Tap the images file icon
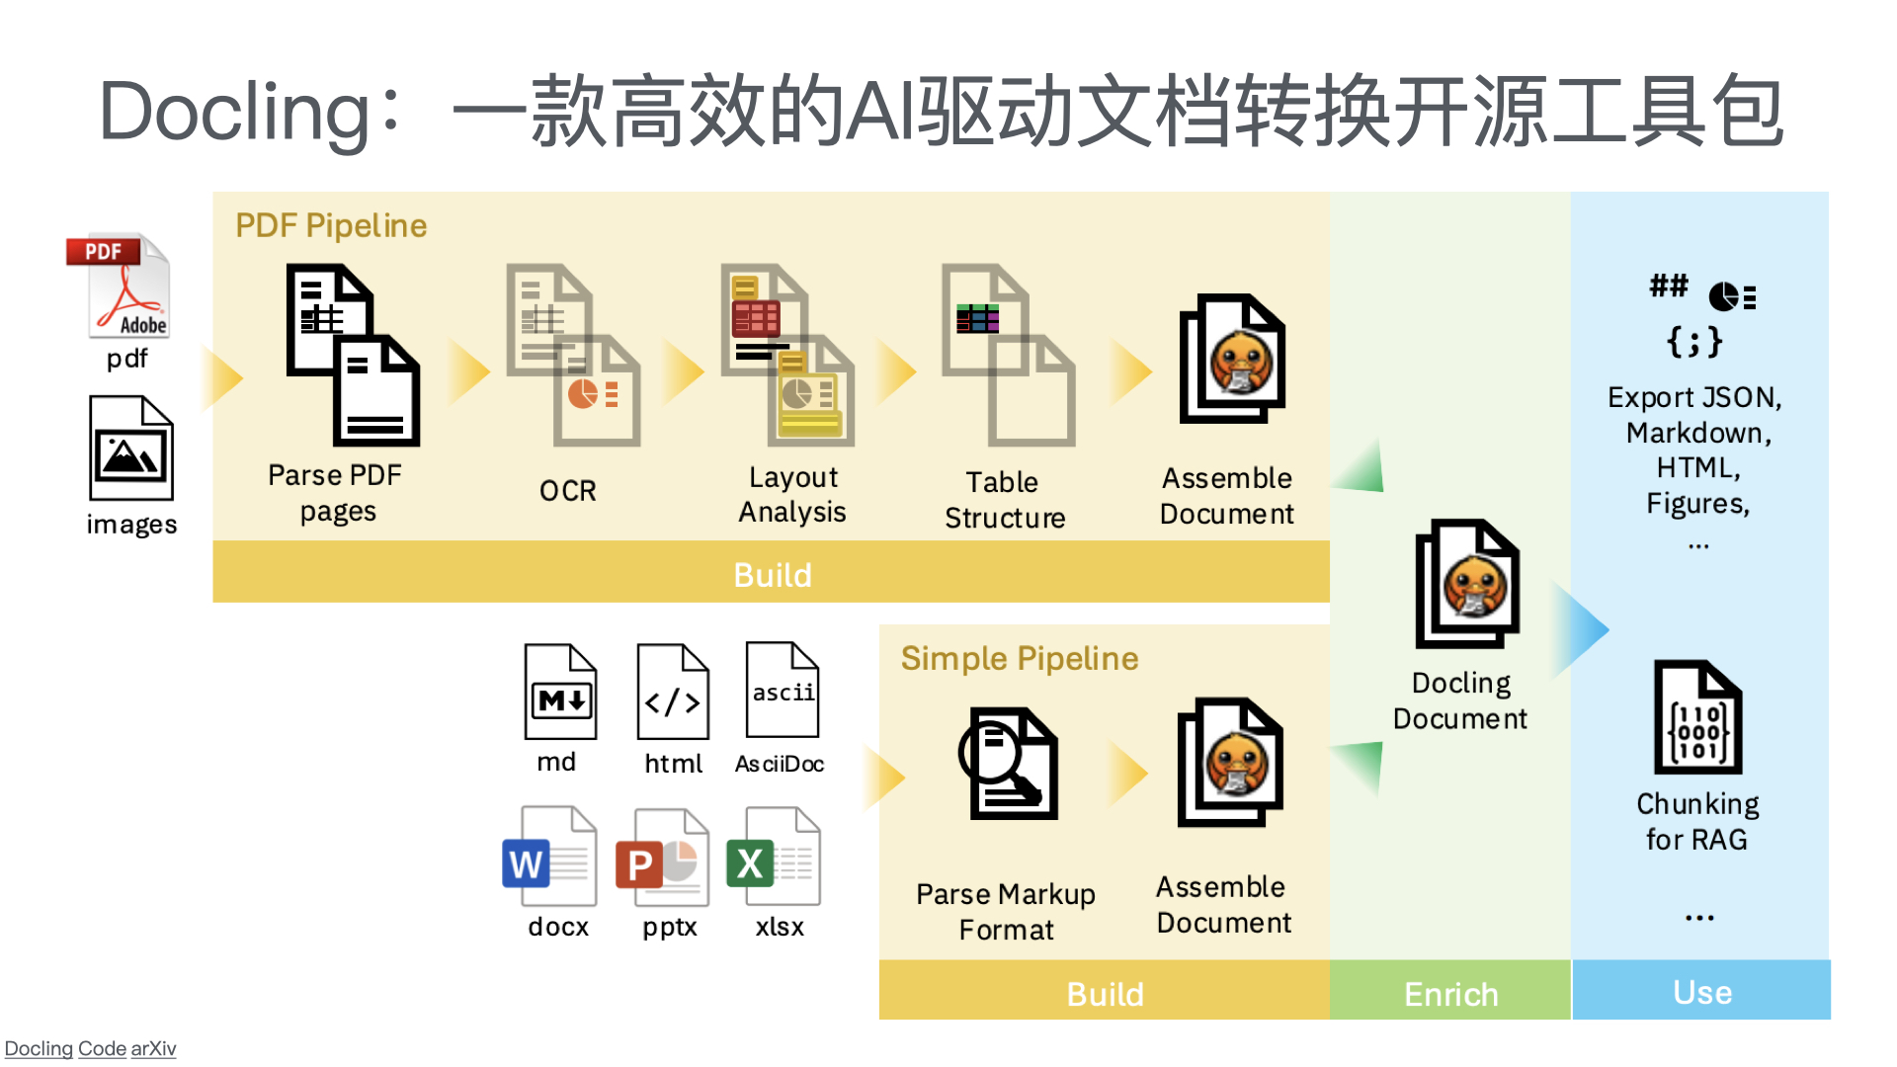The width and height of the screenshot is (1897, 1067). point(131,449)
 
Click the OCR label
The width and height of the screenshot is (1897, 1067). point(568,491)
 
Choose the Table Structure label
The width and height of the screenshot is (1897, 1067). point(1005,500)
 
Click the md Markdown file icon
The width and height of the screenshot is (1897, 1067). point(560,692)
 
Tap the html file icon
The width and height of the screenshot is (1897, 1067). point(673,692)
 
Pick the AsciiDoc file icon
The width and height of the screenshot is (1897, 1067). point(783,690)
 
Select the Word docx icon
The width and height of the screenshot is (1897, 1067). point(549,857)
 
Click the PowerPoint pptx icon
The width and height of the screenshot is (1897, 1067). point(662,858)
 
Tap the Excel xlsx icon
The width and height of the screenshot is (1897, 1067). point(774,857)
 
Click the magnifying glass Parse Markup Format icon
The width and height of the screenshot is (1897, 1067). point(1009,764)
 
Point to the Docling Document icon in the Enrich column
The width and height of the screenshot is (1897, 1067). point(1467,584)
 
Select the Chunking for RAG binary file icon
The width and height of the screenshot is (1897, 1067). point(1697,717)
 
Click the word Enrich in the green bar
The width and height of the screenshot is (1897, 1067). point(1450,994)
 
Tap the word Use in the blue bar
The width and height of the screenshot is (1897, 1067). point(1702,992)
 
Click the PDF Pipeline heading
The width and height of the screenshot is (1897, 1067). point(331,226)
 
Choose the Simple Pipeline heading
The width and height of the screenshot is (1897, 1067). point(1020,659)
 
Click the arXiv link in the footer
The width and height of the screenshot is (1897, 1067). point(153,1048)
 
